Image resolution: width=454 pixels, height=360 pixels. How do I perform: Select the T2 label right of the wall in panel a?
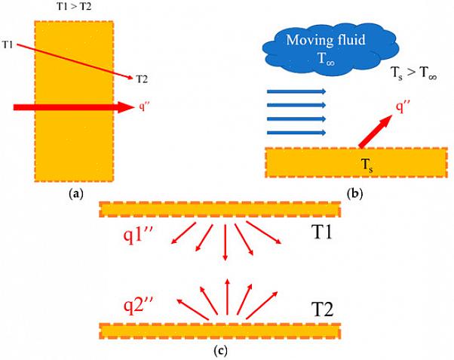pos(143,78)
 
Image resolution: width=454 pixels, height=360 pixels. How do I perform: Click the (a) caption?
pos(75,194)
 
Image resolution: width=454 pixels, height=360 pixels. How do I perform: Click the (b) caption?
pos(354,194)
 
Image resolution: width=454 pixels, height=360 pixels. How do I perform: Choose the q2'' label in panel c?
pos(140,305)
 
